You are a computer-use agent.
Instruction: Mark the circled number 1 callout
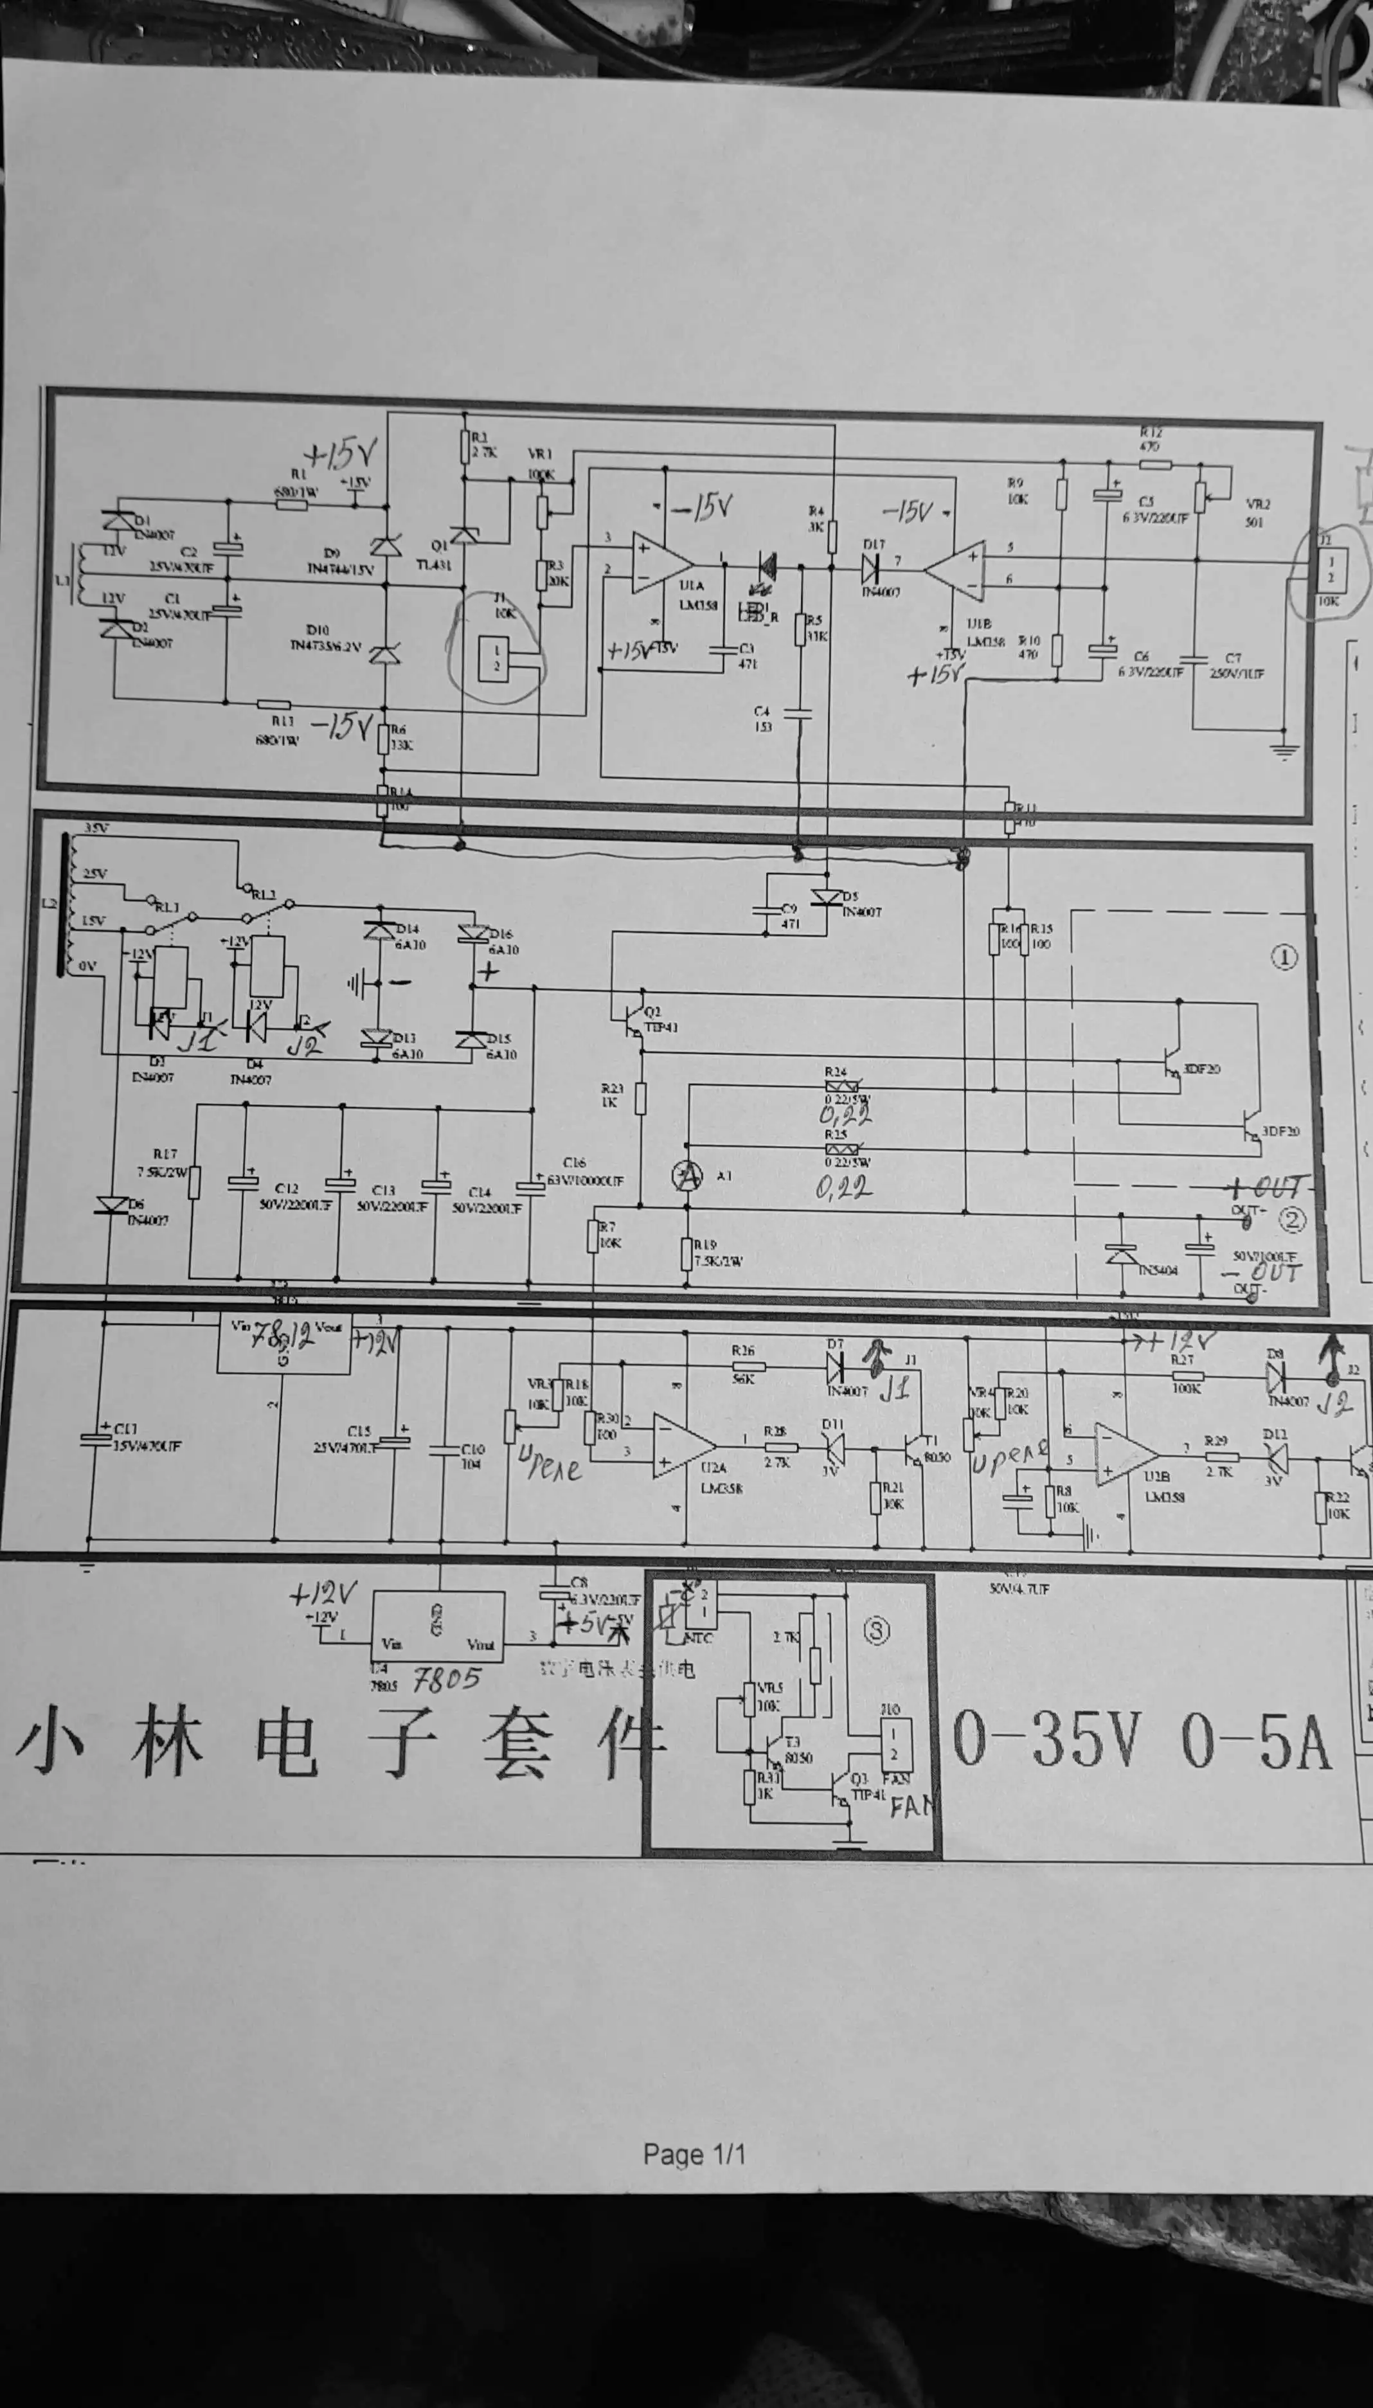click(1284, 958)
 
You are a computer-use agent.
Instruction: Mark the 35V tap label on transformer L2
click(97, 829)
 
